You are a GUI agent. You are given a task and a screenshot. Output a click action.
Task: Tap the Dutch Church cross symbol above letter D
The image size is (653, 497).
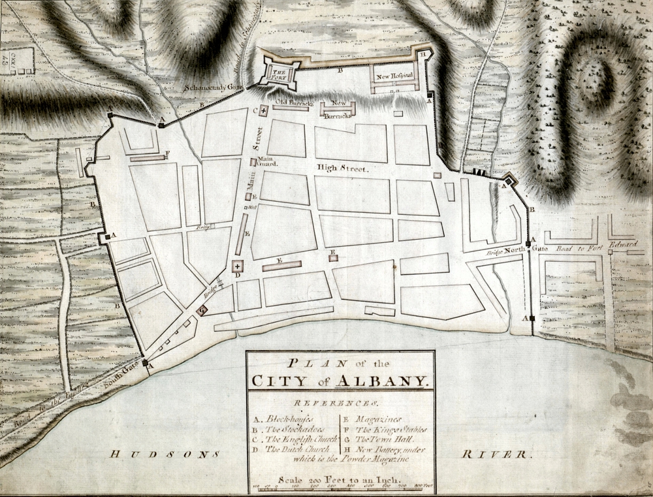236,266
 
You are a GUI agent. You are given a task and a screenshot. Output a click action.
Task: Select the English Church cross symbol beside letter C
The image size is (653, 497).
263,111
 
